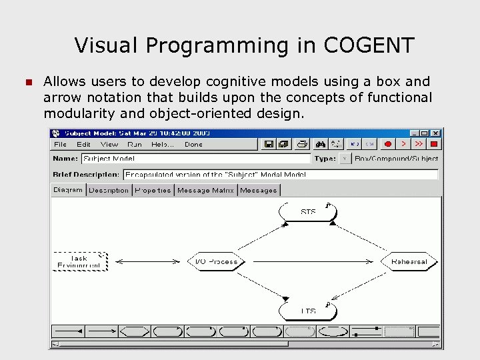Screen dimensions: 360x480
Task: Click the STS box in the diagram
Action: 308,212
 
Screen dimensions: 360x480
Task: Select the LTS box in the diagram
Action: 307,311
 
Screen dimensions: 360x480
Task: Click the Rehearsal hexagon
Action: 409,261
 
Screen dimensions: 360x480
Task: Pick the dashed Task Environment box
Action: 79,261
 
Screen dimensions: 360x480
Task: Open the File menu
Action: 60,144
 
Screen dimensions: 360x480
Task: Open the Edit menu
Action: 83,144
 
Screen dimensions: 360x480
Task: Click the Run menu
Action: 135,144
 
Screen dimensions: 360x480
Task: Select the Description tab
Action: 109,190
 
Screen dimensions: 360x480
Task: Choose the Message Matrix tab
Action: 205,190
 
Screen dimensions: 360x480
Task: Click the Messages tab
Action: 259,190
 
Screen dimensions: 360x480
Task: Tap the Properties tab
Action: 153,190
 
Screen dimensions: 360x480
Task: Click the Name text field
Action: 195,159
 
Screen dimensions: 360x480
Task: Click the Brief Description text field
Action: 280,174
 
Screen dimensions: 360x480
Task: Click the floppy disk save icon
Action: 269,143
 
